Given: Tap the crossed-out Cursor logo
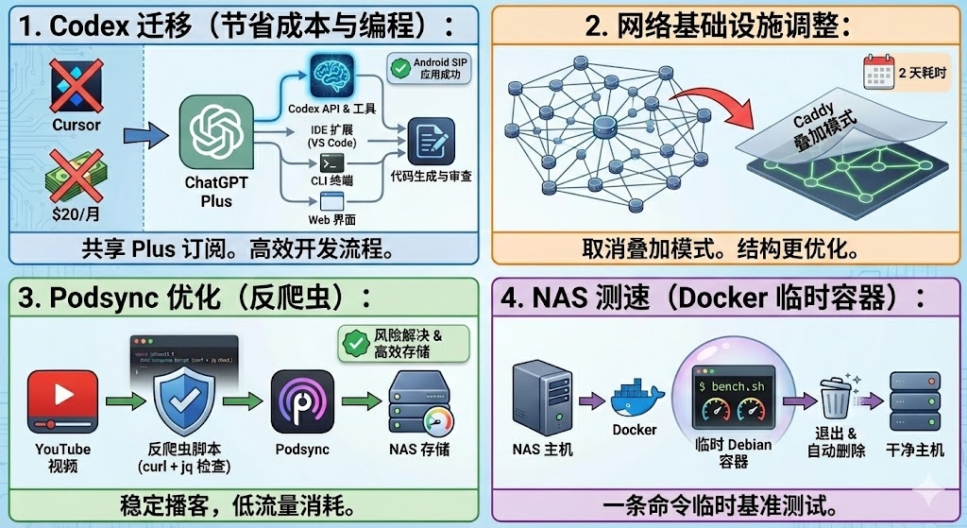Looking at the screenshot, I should click(76, 87).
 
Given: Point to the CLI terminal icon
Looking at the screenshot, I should click(331, 162).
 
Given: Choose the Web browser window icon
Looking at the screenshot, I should click(331, 200).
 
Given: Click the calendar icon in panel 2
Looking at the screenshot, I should click(877, 72).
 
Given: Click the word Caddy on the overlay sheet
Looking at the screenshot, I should click(811, 120).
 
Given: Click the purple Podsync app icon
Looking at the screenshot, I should click(301, 401).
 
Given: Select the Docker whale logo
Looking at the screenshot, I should click(634, 400).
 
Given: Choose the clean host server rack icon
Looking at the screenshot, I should click(916, 401).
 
